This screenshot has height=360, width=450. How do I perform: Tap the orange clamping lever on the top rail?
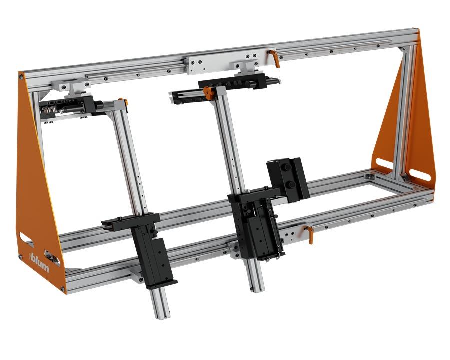click(274, 57)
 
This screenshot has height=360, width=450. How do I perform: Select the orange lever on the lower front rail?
click(309, 233)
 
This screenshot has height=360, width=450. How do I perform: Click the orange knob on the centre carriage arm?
click(208, 92)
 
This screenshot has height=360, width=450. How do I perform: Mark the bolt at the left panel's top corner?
click(21, 77)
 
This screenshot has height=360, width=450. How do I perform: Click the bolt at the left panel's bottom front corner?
click(63, 288)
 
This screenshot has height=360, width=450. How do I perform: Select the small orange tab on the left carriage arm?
click(126, 102)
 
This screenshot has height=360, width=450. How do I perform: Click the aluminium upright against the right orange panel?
click(404, 115)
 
